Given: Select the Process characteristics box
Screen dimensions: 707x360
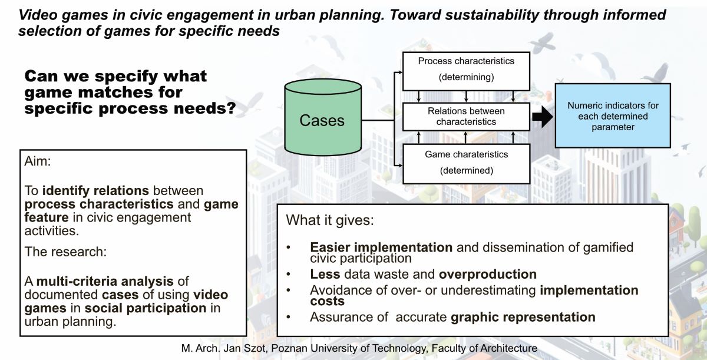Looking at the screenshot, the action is click(466, 69).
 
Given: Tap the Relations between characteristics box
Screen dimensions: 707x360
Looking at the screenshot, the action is click(466, 116).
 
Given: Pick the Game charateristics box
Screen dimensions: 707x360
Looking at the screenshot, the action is click(466, 163).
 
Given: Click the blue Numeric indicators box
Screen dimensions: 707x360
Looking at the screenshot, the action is click(613, 115).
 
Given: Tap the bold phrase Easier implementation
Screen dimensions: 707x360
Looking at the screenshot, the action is click(381, 247).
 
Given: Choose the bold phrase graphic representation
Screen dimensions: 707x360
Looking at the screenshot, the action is click(523, 317).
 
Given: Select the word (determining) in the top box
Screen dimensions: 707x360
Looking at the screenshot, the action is click(466, 77).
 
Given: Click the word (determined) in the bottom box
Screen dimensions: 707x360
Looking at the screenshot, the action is click(466, 171).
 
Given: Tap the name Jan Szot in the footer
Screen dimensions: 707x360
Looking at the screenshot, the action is click(243, 349).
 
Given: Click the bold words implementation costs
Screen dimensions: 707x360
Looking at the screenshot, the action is click(589, 290).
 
